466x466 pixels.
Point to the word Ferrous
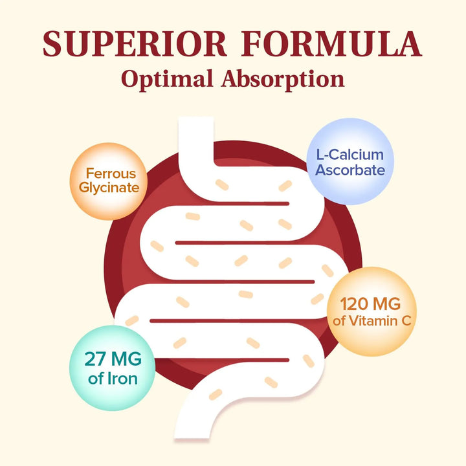coord(111,173)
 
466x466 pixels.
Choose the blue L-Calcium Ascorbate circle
coord(350,162)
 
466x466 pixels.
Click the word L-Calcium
coord(350,154)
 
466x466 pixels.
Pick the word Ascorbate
coord(350,171)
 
